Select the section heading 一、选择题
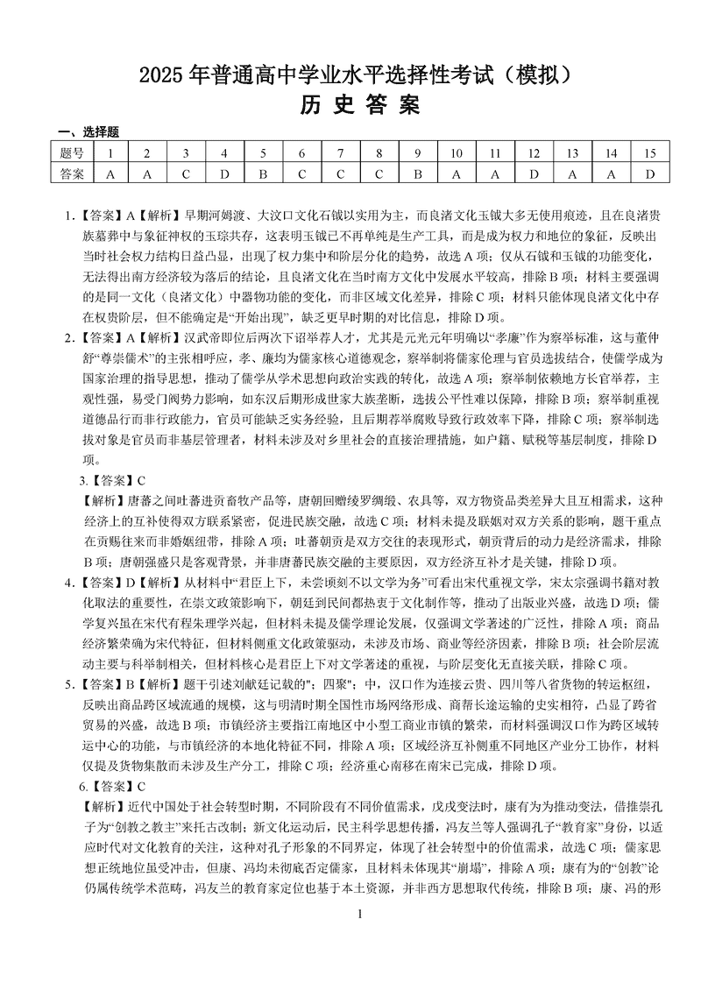[88, 132]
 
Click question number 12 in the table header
[533, 153]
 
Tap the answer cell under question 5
[262, 173]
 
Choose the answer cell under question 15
[649, 173]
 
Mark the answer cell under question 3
[185, 173]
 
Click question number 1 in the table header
[110, 153]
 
